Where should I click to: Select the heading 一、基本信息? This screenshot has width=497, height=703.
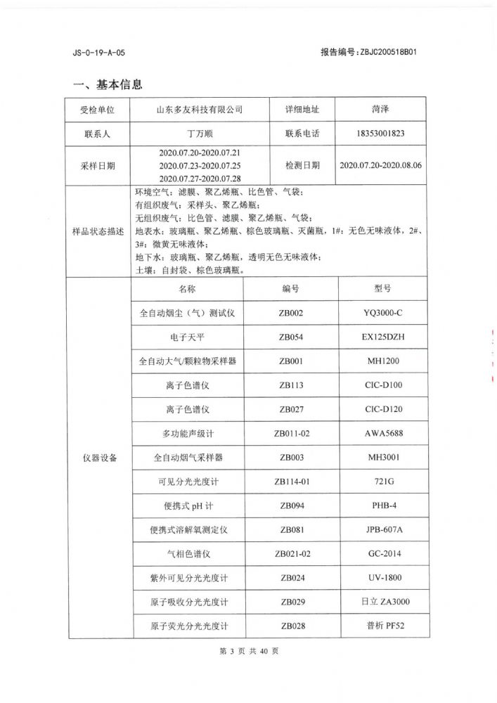tap(108, 85)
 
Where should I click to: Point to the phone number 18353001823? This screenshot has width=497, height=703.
tap(380, 133)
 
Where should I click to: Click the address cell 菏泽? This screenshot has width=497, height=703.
tap(380, 110)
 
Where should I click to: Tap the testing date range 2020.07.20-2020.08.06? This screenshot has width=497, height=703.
tap(380, 165)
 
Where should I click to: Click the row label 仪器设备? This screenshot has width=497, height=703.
tap(98, 458)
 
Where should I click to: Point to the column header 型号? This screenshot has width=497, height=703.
tap(382, 289)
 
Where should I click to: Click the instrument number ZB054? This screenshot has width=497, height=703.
tap(291, 337)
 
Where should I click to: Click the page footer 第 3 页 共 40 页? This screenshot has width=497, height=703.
tap(250, 651)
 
